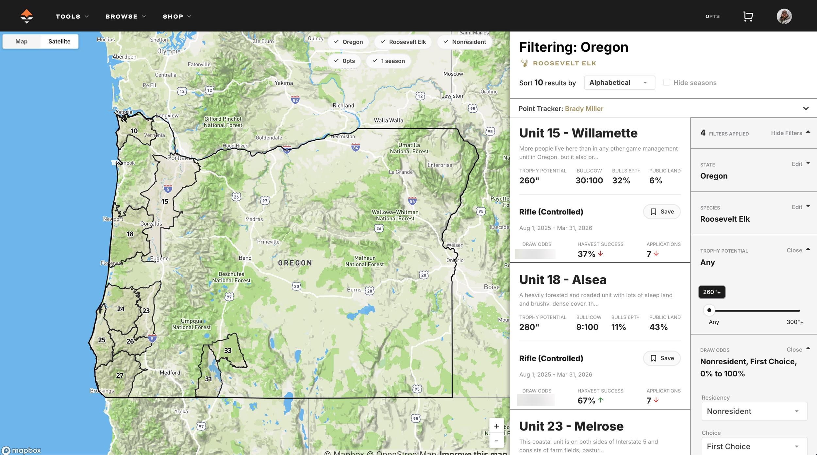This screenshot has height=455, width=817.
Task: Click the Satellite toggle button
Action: [59, 42]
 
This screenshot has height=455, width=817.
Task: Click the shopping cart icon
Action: [748, 16]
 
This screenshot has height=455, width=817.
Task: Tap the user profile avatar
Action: [784, 16]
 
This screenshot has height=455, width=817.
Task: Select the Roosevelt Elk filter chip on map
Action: [403, 42]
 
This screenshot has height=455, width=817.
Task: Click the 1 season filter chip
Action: [389, 61]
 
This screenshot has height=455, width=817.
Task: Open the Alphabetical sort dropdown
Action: [619, 83]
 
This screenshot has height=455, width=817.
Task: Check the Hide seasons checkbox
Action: [667, 82]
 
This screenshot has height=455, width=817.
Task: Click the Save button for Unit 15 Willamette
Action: [662, 212]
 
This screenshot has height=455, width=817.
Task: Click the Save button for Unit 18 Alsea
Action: [662, 358]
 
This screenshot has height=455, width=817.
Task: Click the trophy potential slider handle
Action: [709, 310]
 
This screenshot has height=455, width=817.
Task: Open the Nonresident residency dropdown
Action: [754, 411]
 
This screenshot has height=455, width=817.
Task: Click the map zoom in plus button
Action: [496, 426]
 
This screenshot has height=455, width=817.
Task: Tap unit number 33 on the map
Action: [228, 351]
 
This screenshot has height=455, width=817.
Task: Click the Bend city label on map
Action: [245, 258]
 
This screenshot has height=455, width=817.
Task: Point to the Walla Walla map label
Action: [388, 120]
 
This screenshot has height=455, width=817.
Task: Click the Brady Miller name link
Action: [584, 109]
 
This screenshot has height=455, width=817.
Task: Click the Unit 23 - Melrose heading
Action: [571, 426]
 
